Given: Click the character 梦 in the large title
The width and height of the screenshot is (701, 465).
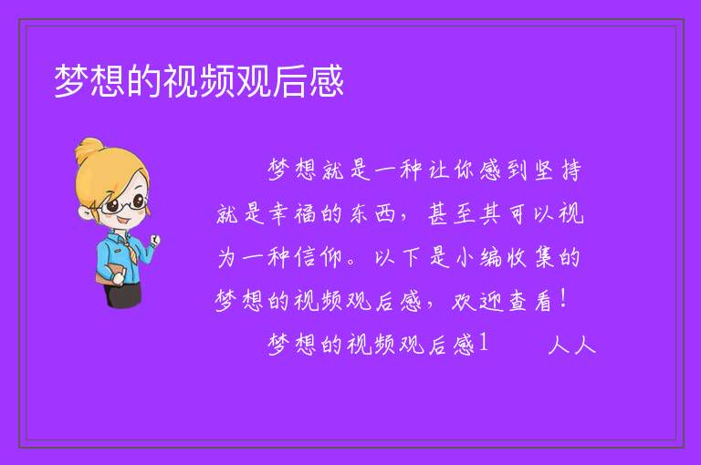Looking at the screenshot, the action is pyautogui.click(x=71, y=81).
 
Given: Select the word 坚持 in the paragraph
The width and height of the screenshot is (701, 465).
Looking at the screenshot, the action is pyautogui.click(x=559, y=170).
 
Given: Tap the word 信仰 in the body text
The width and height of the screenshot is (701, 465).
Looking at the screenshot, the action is pyautogui.click(x=319, y=257).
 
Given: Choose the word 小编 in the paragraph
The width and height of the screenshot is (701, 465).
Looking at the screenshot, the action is pyautogui.click(x=478, y=257).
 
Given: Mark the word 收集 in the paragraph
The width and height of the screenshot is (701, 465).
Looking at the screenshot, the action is pyautogui.click(x=530, y=257).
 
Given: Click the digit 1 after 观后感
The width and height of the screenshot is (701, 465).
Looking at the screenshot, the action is pyautogui.click(x=483, y=343).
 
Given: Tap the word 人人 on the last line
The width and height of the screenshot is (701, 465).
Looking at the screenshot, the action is pyautogui.click(x=571, y=345).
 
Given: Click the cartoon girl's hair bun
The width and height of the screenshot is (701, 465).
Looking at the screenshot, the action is pyautogui.click(x=89, y=150).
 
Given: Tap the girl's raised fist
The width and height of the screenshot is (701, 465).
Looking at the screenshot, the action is pyautogui.click(x=154, y=240).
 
